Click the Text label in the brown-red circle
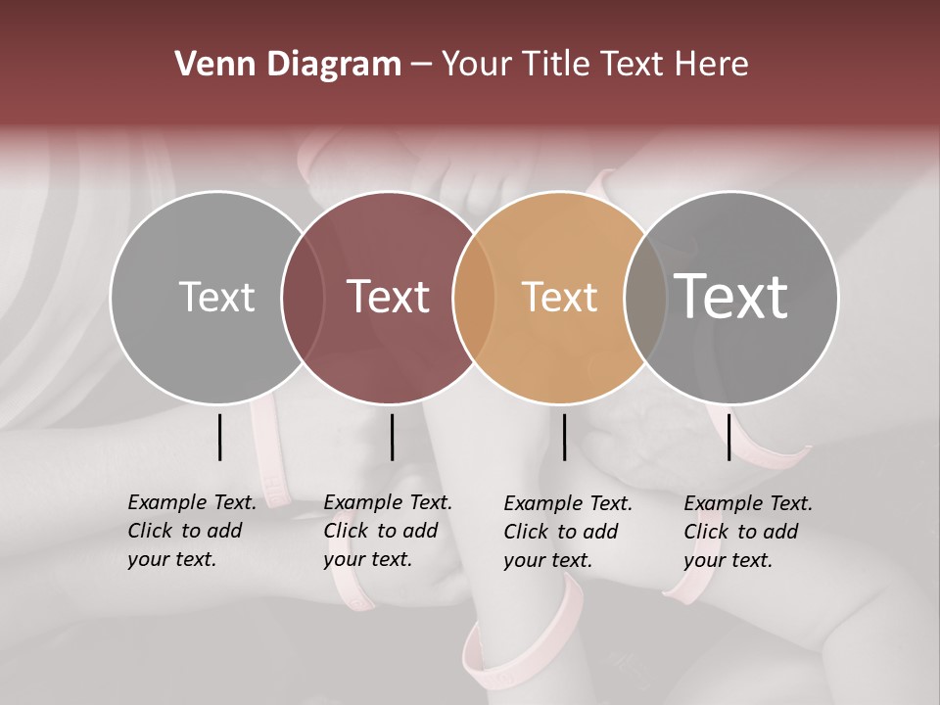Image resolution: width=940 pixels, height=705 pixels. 389,297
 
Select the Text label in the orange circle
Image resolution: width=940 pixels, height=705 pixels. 559,297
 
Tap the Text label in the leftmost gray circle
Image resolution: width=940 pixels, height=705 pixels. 216,297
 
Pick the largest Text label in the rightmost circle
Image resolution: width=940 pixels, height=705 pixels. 731,296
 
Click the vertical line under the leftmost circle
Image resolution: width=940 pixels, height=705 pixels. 219,437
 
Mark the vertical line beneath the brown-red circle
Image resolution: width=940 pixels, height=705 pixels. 392,437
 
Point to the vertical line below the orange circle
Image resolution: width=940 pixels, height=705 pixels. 565,437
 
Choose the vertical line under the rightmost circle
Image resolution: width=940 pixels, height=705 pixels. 728,437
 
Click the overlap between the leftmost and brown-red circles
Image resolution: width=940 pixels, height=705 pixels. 303,297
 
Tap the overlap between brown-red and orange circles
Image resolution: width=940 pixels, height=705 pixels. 474,297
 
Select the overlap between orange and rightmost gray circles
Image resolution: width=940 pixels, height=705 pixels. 645,297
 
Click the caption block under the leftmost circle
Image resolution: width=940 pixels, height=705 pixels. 191,531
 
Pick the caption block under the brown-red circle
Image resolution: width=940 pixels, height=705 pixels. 387,531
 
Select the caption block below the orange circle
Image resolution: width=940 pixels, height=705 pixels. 567,532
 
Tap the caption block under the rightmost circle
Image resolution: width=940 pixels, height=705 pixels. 747,532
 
